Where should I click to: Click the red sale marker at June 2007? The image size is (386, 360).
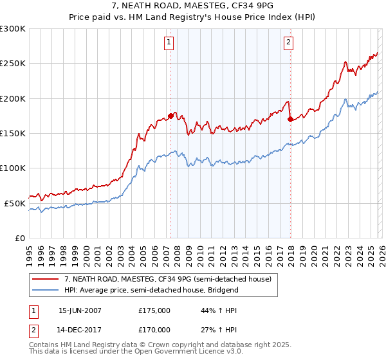(x=170, y=116)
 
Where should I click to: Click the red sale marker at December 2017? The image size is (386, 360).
(x=290, y=119)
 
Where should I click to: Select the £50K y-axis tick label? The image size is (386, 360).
(x=15, y=203)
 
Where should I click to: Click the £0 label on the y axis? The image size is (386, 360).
(x=19, y=238)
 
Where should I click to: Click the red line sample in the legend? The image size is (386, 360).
(x=46, y=279)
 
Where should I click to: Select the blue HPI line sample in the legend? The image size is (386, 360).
(x=46, y=290)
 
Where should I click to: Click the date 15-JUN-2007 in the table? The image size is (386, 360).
(x=80, y=310)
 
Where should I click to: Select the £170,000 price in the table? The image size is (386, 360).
(x=154, y=329)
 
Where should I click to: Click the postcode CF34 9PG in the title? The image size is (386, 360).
(x=252, y=7)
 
